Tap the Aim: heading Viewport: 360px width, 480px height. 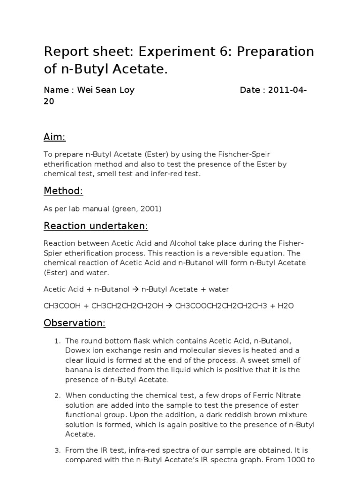click(55, 137)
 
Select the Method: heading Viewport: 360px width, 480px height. click(63, 191)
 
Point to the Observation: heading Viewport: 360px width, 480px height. click(75, 323)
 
